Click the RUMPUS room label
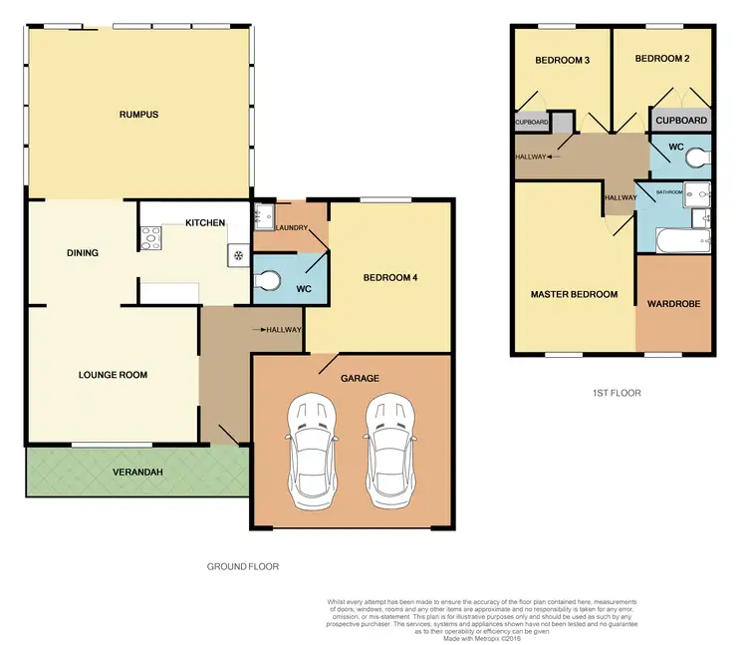click(x=138, y=115)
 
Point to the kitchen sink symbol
click(x=239, y=254)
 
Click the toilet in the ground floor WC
click(x=267, y=278)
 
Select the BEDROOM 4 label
click(x=389, y=277)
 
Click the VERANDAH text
click(x=138, y=472)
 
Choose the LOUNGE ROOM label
click(x=113, y=376)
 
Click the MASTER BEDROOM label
click(x=574, y=294)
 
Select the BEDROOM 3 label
click(x=563, y=61)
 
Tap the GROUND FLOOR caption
click(x=243, y=566)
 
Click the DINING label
click(x=83, y=253)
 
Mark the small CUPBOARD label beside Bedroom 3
click(x=531, y=123)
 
